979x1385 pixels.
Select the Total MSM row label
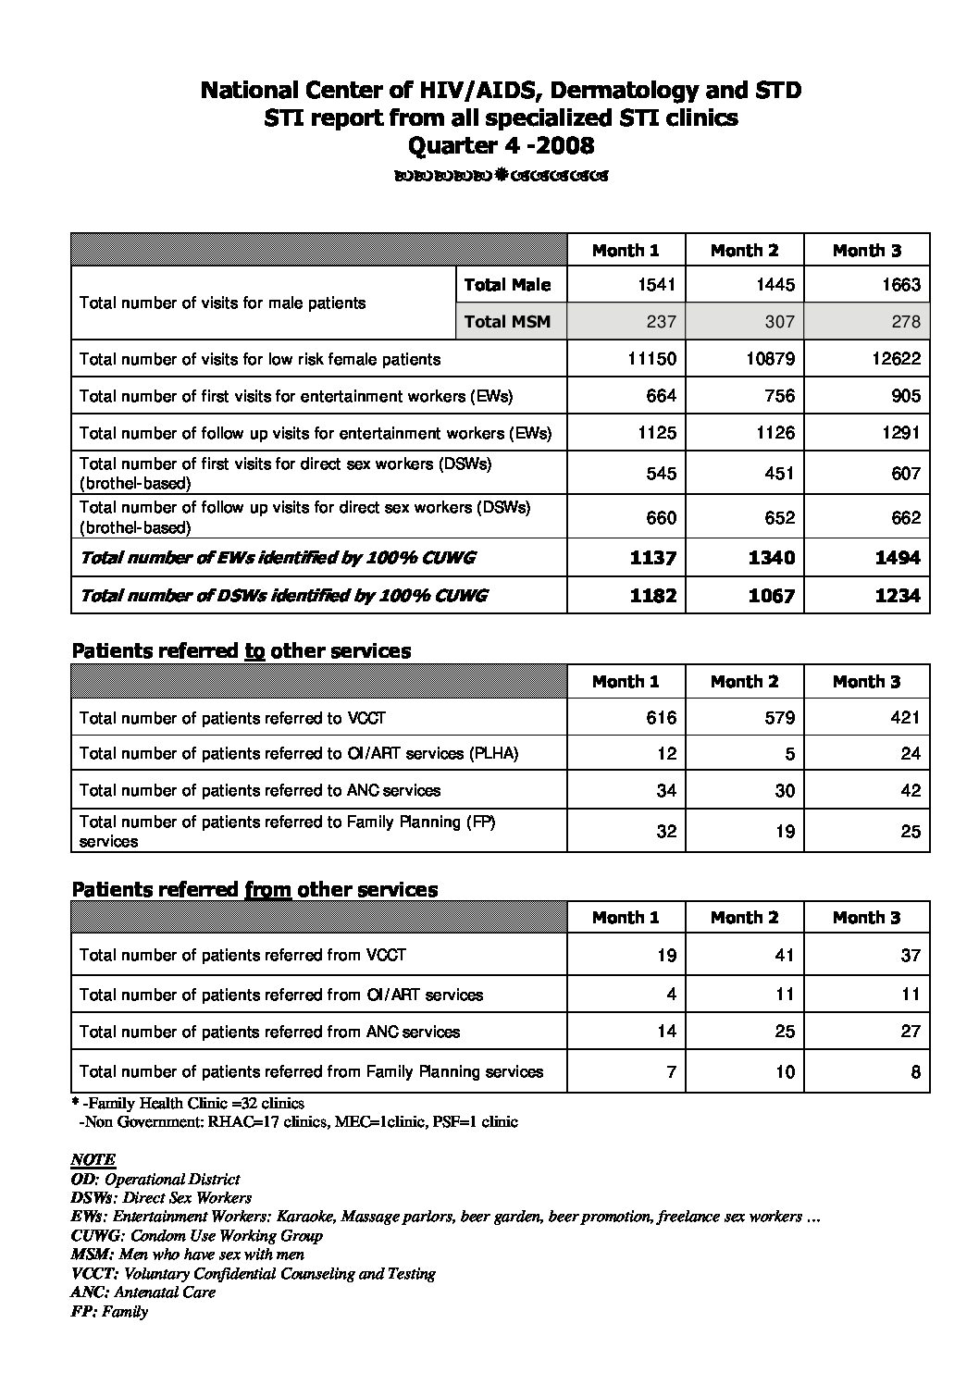pos(507,322)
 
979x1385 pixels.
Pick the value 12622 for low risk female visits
pos(896,359)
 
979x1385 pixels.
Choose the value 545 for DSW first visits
pos(661,474)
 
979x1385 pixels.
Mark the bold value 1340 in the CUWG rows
pos(771,558)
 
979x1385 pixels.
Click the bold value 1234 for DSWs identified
pos(898,596)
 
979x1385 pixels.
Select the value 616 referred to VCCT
pos(661,718)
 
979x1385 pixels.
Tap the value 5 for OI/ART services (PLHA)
pos(789,754)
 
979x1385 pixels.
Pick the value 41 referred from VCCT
pos(785,956)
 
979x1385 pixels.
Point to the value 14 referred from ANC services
pos(666,1032)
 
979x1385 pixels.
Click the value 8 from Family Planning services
pos(915,1073)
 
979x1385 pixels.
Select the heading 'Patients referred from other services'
pos(254,890)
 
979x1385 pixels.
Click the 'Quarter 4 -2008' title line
pos(501,145)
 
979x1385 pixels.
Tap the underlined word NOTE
pos(93,1160)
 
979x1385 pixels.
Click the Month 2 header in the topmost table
pos(744,251)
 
